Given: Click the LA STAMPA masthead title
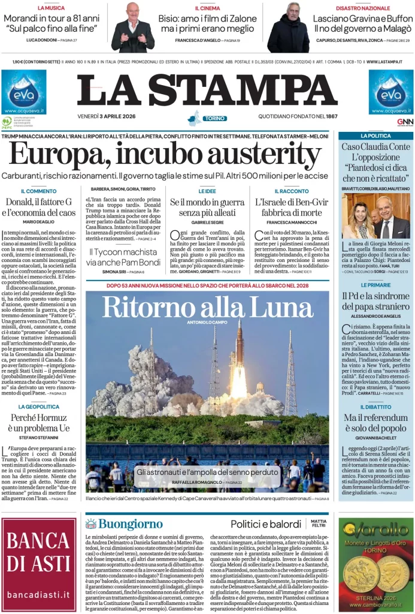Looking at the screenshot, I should click(x=207, y=91).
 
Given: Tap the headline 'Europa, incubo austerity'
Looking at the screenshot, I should click(x=165, y=156).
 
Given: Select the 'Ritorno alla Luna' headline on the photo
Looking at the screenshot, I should click(x=207, y=306).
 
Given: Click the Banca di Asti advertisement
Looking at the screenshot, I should click(x=38, y=564).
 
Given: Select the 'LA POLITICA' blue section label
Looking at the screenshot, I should click(x=375, y=136).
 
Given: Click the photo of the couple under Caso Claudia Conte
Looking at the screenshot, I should click(x=375, y=215).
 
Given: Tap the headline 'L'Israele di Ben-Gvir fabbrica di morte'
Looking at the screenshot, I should click(x=288, y=207).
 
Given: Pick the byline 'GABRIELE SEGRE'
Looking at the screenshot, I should click(x=207, y=222).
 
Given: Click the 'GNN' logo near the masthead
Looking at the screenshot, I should click(x=405, y=122).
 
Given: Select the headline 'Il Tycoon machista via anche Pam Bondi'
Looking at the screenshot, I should click(x=124, y=257).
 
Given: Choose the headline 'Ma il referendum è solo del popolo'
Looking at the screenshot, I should click(x=375, y=423).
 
